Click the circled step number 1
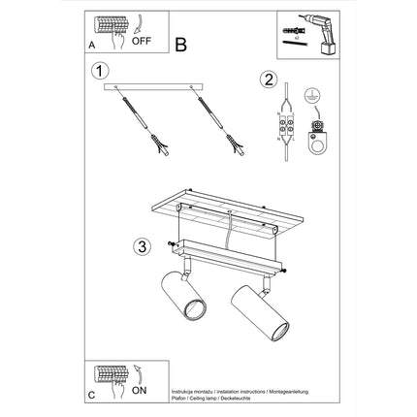[x=98, y=72]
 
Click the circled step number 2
[x=269, y=81]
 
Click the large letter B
[x=181, y=44]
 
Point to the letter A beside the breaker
[x=90, y=45]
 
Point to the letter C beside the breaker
[x=90, y=396]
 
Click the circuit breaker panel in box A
[x=112, y=30]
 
